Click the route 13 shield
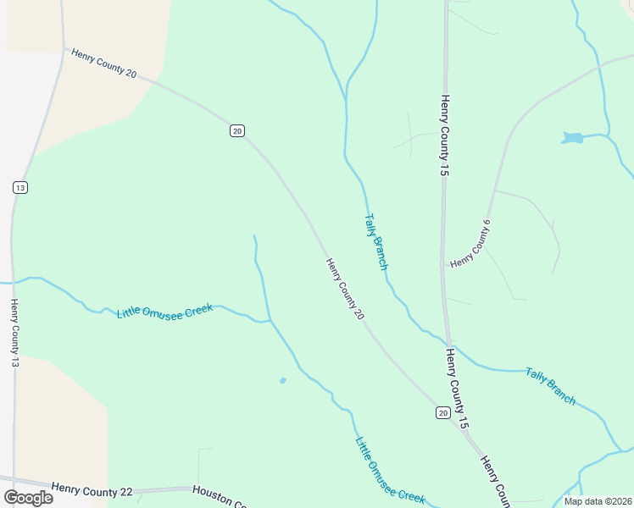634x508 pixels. click(20, 187)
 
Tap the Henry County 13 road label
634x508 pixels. click(15, 338)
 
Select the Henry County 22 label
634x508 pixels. click(92, 489)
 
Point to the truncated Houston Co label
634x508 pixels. click(219, 496)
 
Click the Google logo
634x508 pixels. click(28, 498)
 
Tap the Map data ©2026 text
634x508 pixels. click(598, 501)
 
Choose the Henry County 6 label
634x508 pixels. click(471, 245)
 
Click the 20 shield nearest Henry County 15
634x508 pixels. click(442, 412)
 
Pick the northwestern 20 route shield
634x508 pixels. click(236, 130)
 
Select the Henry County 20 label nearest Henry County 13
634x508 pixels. click(104, 63)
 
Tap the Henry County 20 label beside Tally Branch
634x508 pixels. click(345, 290)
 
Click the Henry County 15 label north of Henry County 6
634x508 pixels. click(443, 135)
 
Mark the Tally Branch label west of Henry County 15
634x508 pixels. click(376, 241)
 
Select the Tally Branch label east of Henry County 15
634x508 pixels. click(550, 385)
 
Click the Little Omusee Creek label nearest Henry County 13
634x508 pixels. click(164, 311)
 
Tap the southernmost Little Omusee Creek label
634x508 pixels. click(390, 472)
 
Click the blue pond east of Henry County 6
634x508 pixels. click(573, 137)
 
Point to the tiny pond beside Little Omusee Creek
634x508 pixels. click(282, 380)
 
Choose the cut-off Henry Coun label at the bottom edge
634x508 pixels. click(494, 481)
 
